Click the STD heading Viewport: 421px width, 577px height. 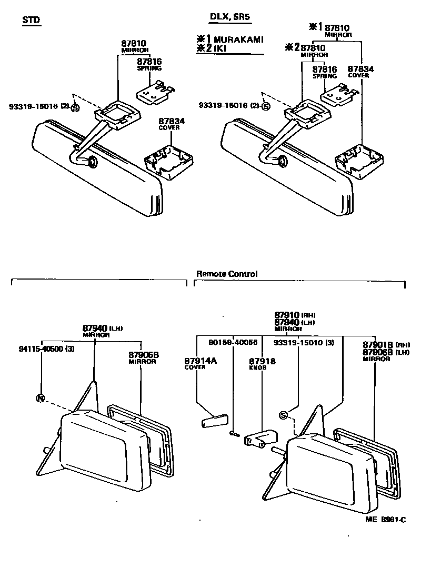click(31, 20)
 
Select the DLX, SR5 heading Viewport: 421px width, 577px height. click(229, 17)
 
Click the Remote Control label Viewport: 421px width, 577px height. click(227, 274)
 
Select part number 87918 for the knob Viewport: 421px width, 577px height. click(262, 361)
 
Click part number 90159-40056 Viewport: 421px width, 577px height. click(233, 342)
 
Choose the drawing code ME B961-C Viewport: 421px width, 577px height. click(386, 520)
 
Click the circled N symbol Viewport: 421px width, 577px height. click(40, 397)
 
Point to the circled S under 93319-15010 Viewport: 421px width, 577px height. click(283, 415)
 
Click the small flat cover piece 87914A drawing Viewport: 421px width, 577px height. click(213, 422)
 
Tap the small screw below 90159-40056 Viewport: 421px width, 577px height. click(235, 433)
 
